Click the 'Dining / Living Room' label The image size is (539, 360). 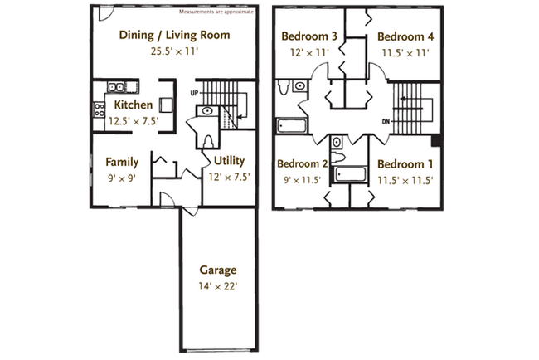174,36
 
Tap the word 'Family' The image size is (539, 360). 121,161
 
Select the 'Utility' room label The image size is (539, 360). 229,161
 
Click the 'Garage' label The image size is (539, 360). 218,270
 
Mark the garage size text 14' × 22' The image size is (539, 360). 218,287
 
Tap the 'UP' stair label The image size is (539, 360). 195,92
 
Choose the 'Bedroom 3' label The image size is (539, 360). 308,36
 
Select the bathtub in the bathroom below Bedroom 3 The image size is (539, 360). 291,126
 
